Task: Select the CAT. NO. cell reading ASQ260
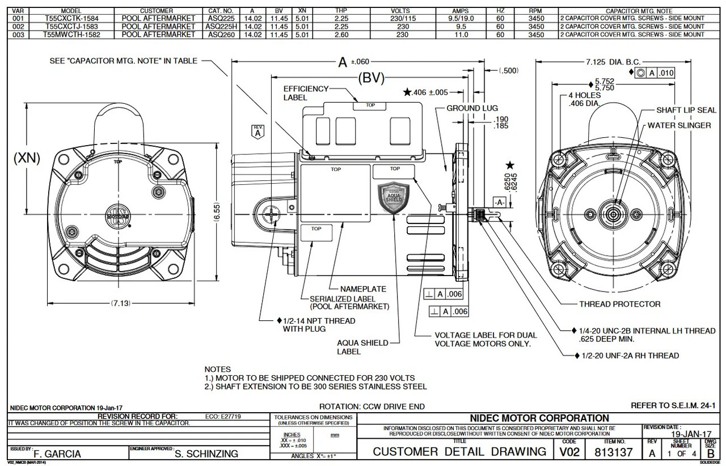(221, 35)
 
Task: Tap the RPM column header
(535, 10)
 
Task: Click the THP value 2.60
(341, 35)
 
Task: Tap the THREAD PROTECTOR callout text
(619, 304)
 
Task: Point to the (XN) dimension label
(26, 159)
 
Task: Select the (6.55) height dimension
(218, 215)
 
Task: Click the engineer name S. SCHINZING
(206, 454)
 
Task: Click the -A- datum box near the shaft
(500, 202)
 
